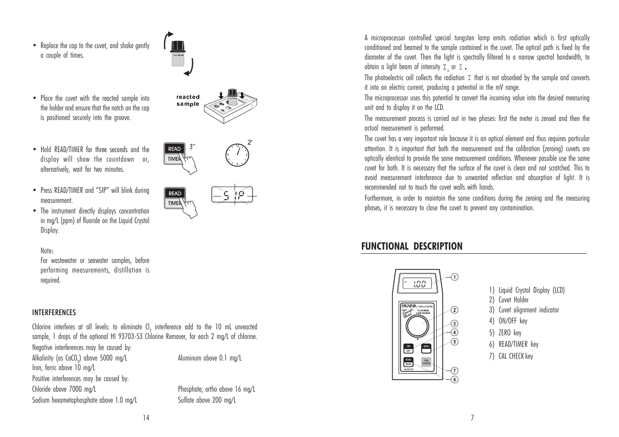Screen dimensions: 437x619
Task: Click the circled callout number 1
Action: click(x=454, y=277)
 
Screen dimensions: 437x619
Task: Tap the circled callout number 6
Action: click(x=454, y=379)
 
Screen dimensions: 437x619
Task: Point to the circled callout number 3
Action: click(x=454, y=324)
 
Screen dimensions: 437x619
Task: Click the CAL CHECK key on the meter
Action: click(x=426, y=361)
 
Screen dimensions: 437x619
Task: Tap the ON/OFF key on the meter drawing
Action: click(x=408, y=348)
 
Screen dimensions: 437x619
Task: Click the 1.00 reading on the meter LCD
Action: click(x=419, y=284)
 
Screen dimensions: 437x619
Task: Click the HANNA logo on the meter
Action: click(x=409, y=306)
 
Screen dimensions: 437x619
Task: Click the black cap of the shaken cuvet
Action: click(x=177, y=47)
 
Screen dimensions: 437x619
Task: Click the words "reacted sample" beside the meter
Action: click(x=188, y=100)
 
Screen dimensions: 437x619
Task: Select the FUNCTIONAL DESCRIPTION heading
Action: click(x=412, y=246)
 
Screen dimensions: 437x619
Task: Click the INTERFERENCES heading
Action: click(x=54, y=312)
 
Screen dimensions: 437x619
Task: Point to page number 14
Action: click(x=146, y=417)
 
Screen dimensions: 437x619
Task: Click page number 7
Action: click(x=472, y=417)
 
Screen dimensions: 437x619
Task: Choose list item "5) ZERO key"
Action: click(x=504, y=333)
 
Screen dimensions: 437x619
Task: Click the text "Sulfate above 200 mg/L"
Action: click(x=207, y=400)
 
